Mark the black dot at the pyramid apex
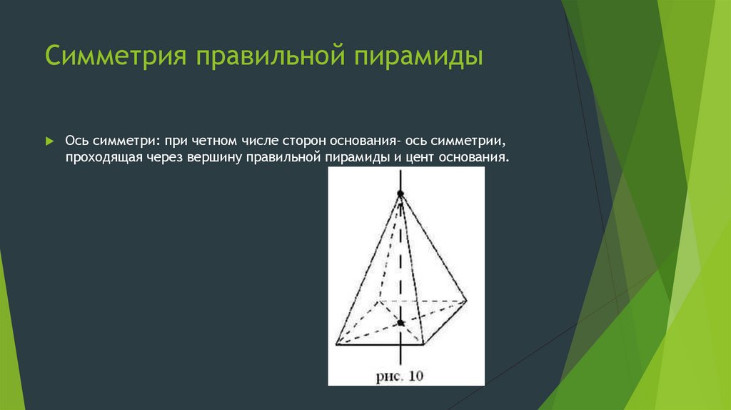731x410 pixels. (x=400, y=194)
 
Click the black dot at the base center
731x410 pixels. (x=401, y=324)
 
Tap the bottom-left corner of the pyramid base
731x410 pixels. (x=336, y=346)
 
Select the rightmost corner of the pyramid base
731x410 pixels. (x=467, y=301)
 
